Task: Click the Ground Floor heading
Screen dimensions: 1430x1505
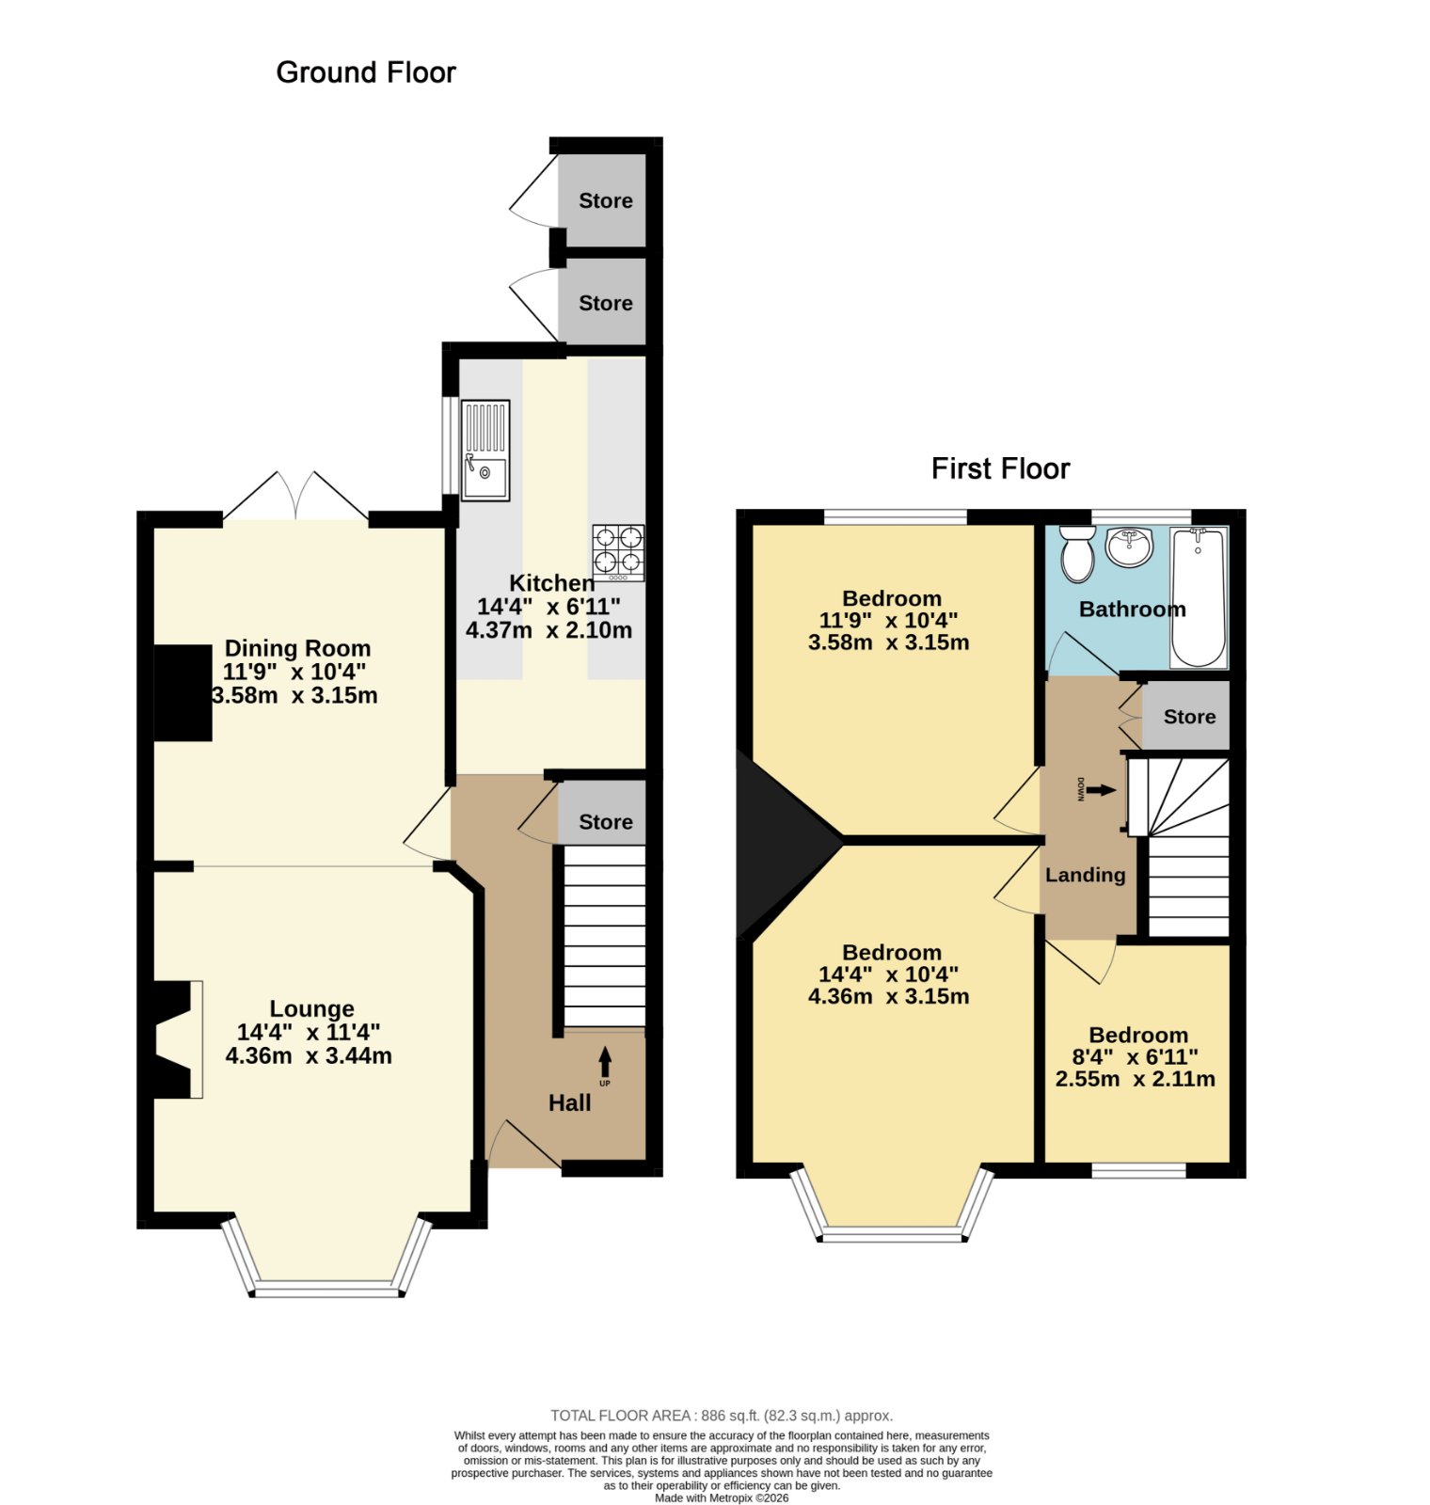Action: coord(366,72)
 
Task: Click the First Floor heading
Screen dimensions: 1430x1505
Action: coord(1000,468)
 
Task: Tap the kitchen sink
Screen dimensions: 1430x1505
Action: coord(485,450)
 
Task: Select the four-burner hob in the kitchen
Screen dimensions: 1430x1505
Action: coord(618,552)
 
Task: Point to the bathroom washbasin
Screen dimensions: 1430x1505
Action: coord(1129,547)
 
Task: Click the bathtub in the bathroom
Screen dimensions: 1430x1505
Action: coord(1199,597)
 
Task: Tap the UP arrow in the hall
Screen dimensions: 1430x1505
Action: coord(605,1063)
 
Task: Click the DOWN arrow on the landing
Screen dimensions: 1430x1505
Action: coord(1102,790)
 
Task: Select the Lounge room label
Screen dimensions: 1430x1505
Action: coord(311,1009)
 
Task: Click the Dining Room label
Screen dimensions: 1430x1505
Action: coord(297,648)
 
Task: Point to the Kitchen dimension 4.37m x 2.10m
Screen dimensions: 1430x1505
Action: coord(548,630)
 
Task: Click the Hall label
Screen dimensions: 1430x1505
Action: coord(569,1102)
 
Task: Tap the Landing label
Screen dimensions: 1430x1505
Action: coord(1085,875)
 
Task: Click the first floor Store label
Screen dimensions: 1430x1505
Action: coord(1189,717)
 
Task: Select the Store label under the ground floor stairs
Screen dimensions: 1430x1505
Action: coord(605,822)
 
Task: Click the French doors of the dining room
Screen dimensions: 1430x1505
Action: coord(295,496)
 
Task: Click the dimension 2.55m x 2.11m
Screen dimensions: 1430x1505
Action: coord(1135,1079)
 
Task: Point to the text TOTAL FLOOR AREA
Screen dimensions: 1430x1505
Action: coord(621,1416)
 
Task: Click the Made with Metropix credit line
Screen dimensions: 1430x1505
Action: coord(722,1498)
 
